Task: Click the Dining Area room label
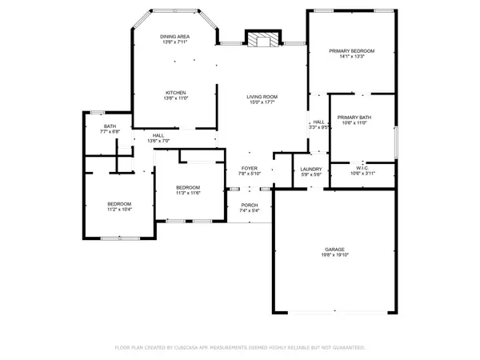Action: [x=175, y=35]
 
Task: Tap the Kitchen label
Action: [x=175, y=92]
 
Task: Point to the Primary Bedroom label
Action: [x=352, y=50]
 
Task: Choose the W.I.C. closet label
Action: [x=362, y=168]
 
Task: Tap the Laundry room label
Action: [x=310, y=169]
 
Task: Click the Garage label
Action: [x=334, y=249]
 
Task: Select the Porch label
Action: [x=250, y=206]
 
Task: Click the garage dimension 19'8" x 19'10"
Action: [x=334, y=254]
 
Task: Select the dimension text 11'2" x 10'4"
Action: [x=119, y=210]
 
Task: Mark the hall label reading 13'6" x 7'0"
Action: [x=158, y=141]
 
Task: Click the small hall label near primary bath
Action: [x=318, y=122]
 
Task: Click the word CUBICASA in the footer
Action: [x=208, y=348]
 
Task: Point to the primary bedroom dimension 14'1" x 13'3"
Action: [x=352, y=56]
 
